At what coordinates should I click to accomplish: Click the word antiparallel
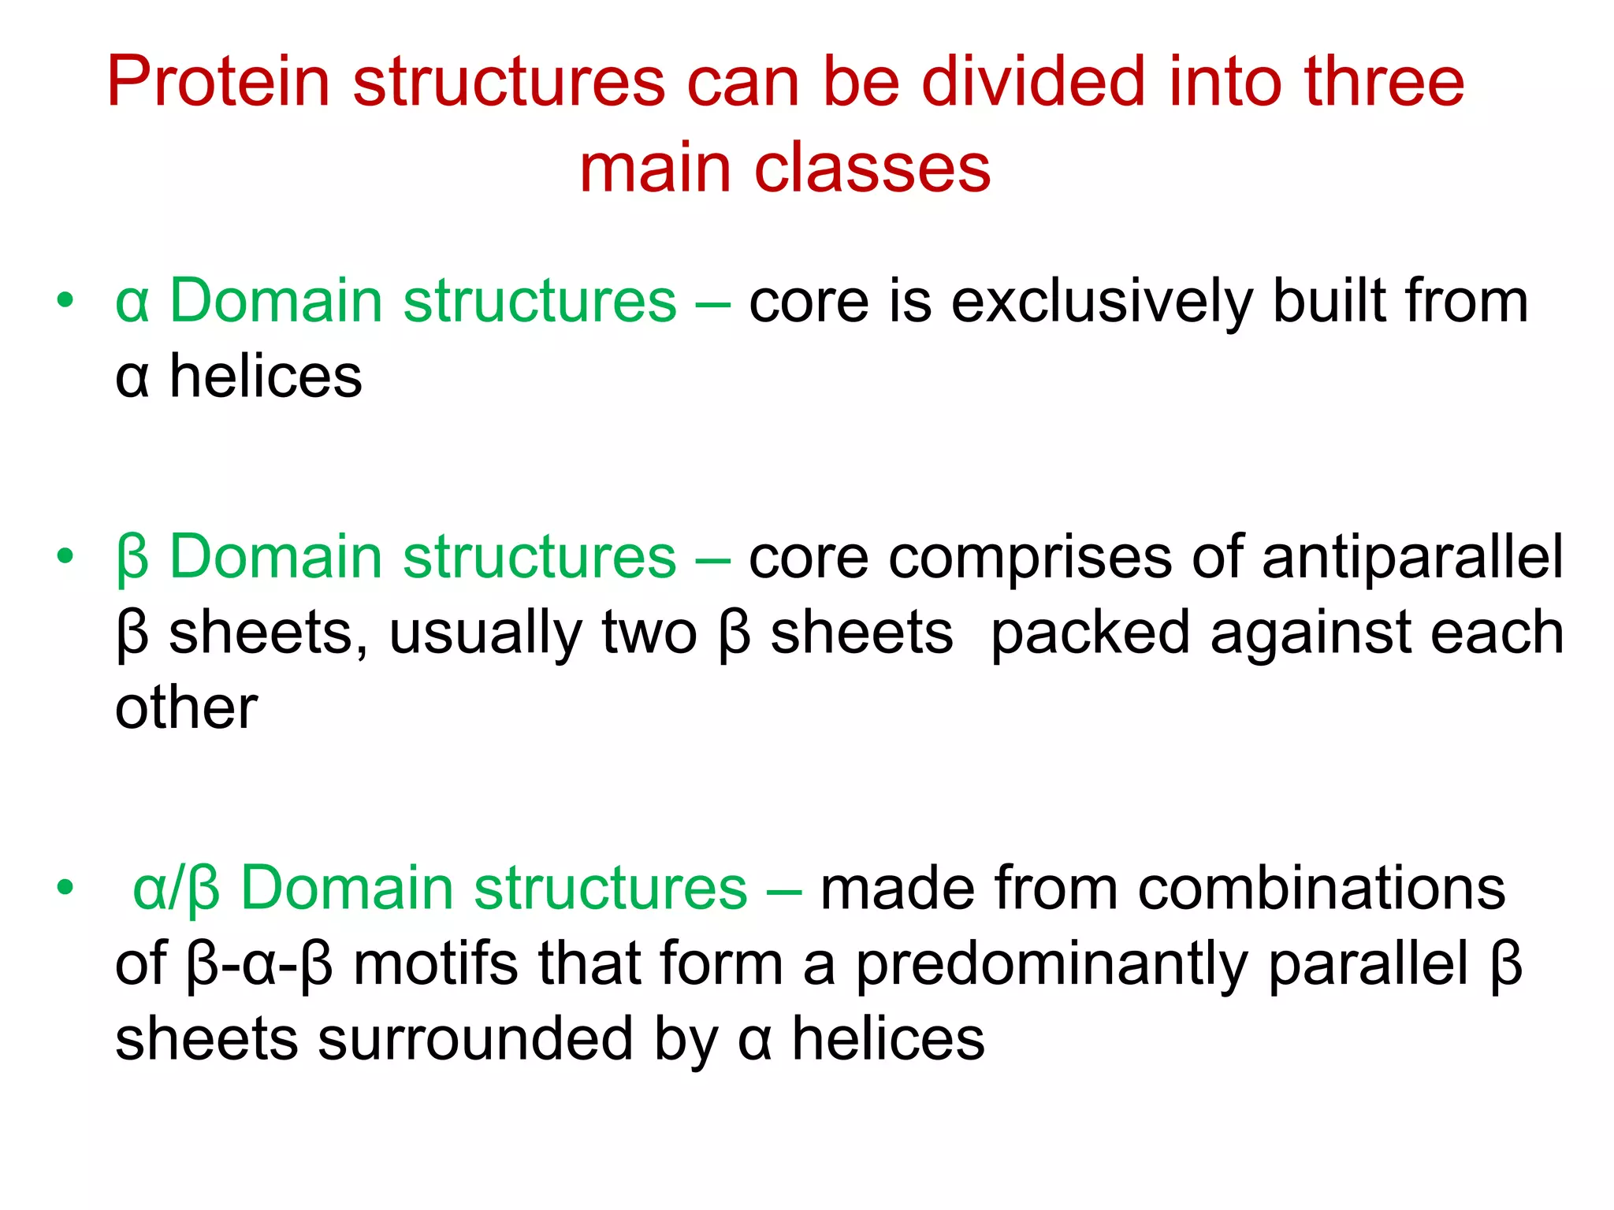[1411, 557]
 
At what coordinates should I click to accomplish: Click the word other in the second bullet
[186, 707]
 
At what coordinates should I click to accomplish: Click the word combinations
[1320, 888]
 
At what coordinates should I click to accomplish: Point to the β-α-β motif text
[260, 964]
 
